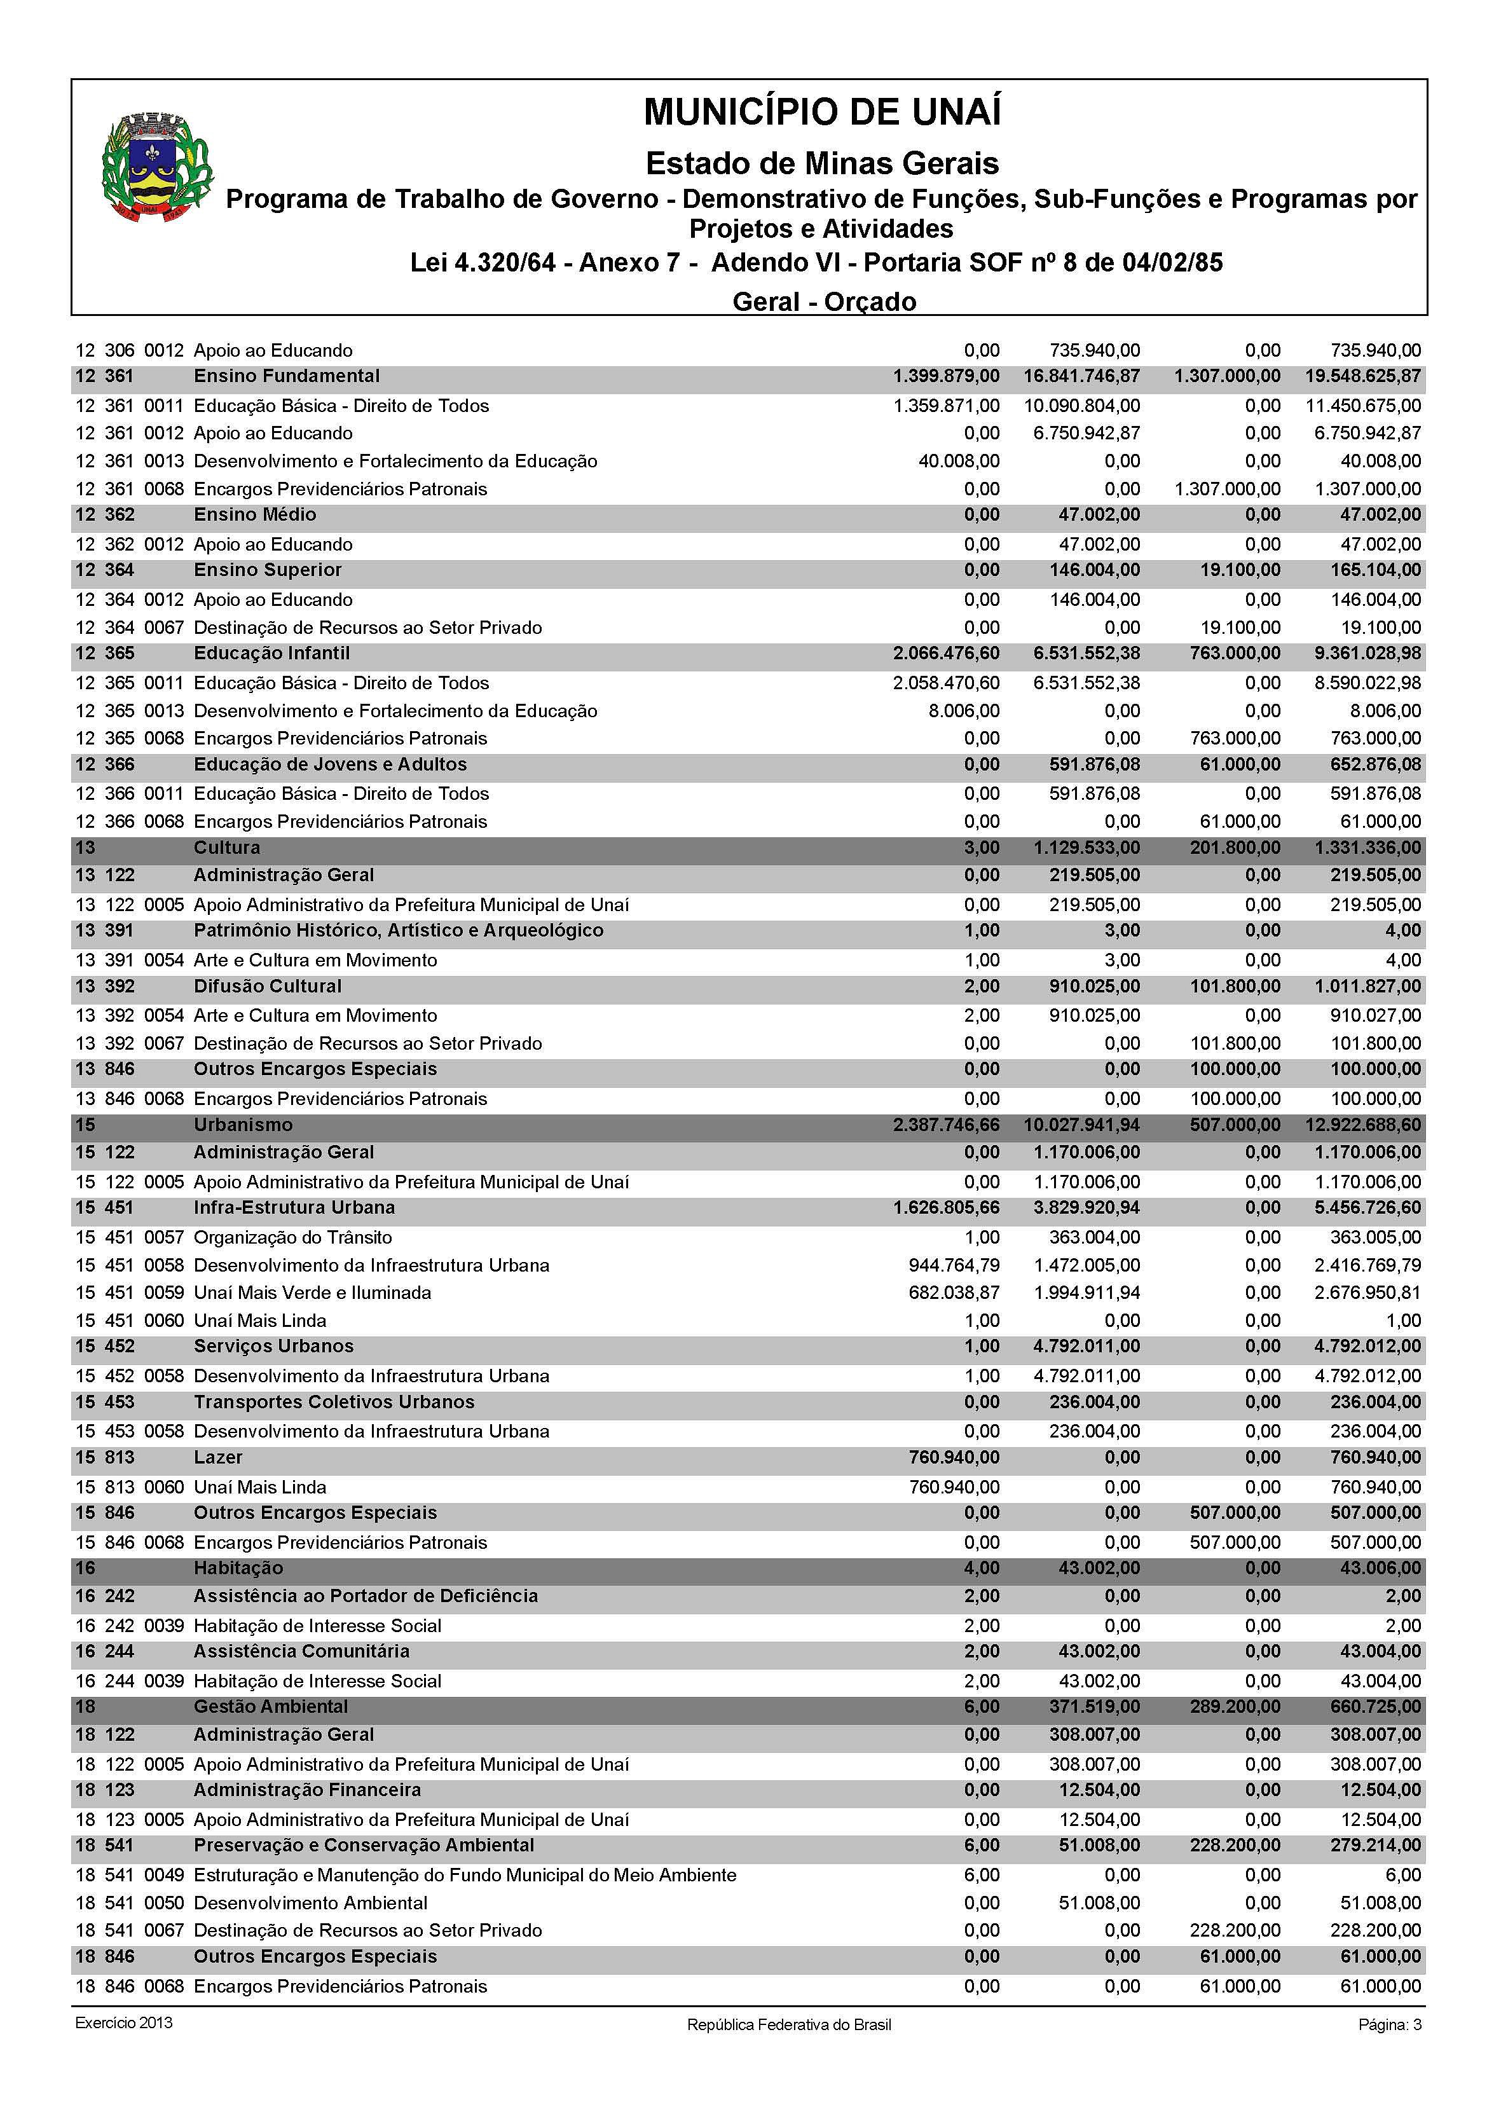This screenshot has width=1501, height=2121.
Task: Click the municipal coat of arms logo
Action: pos(156,169)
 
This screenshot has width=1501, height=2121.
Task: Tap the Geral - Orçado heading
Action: pos(823,302)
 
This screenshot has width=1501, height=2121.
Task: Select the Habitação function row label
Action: pos(238,1568)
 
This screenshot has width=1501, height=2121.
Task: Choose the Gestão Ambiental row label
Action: pos(271,1707)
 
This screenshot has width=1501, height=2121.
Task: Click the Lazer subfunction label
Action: pos(218,1457)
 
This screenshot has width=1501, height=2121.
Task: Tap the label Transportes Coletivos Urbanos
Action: pos(334,1402)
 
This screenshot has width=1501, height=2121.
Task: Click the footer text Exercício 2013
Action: pos(124,2023)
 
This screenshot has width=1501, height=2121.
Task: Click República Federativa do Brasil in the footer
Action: pos(788,2025)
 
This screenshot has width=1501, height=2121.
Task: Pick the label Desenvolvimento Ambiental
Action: pos(310,1903)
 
